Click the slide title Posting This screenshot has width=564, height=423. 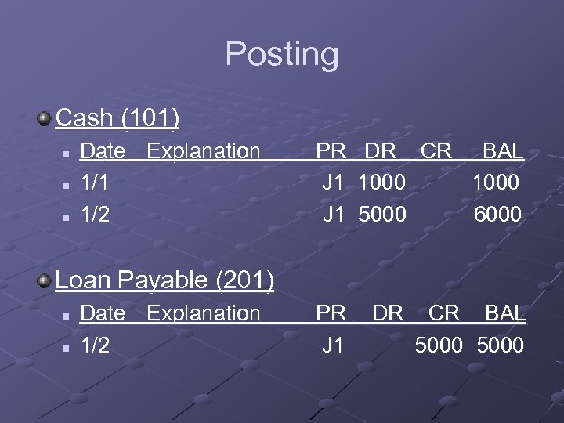click(282, 55)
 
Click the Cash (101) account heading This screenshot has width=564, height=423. click(118, 118)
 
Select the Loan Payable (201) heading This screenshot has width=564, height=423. click(164, 280)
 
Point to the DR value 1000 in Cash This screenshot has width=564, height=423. click(381, 182)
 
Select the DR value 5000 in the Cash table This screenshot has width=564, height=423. click(381, 214)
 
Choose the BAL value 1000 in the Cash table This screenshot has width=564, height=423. click(495, 182)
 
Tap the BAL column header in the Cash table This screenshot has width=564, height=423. click(502, 150)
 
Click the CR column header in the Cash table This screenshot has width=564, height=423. click(436, 150)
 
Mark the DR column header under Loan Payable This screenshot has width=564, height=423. click(388, 313)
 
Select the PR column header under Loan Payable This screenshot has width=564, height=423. click(331, 313)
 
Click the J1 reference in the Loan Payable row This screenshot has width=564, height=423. click(333, 345)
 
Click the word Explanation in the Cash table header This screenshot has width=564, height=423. click(203, 150)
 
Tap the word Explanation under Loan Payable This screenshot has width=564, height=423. click(203, 313)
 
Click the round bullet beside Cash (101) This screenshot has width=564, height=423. click(45, 119)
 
